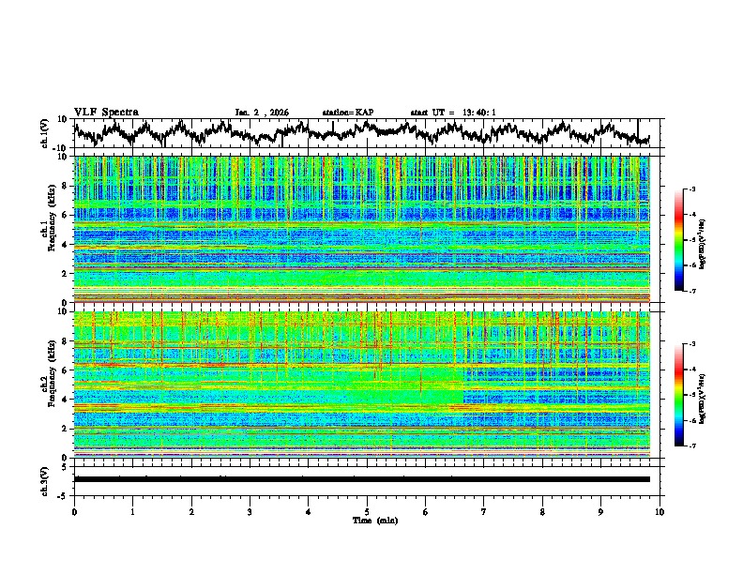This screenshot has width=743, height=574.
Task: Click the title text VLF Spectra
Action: coord(106,112)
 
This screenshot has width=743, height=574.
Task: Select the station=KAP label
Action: coord(347,113)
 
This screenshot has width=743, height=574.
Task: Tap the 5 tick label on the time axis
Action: coord(367,511)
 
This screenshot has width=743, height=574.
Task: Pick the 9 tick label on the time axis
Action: coord(601,511)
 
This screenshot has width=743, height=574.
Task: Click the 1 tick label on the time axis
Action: coord(132,511)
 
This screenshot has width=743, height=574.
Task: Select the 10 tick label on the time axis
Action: coord(660,511)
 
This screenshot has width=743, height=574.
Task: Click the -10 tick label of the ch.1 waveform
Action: coord(62,148)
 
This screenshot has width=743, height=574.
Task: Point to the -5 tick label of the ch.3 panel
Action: coord(64,493)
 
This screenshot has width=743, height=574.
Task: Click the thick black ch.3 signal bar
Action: coord(361,479)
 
